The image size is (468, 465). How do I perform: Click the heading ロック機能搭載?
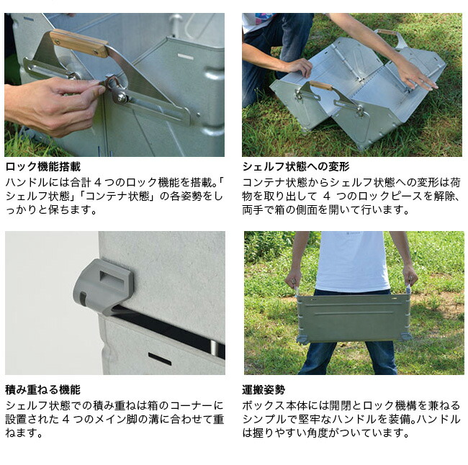pyautogui.click(x=42, y=167)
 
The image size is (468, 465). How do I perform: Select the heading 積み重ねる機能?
pyautogui.click(x=42, y=389)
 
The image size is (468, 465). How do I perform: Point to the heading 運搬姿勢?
pyautogui.click(x=264, y=389)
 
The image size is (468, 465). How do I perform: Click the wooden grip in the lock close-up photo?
pyautogui.click(x=78, y=43)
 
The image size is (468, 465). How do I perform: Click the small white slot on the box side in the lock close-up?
pyautogui.click(x=185, y=56)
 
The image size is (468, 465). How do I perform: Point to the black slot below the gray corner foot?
pyautogui.click(x=159, y=358)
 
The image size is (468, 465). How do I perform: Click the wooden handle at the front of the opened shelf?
pyautogui.click(x=321, y=86)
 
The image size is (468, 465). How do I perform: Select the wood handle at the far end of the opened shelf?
pyautogui.click(x=387, y=32)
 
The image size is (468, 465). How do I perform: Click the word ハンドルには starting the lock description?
pyautogui.click(x=31, y=182)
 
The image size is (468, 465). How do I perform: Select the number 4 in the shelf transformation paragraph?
pyautogui.click(x=325, y=196)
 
